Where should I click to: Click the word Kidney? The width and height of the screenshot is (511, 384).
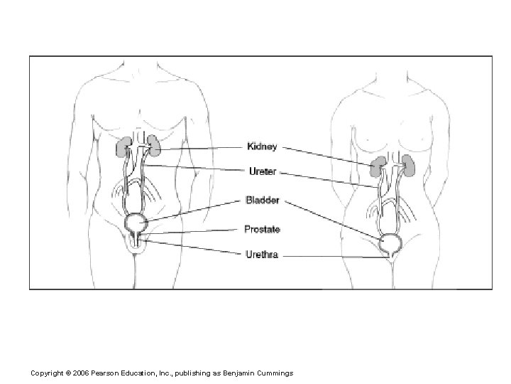[x=261, y=147]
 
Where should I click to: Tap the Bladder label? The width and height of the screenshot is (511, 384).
[x=262, y=200]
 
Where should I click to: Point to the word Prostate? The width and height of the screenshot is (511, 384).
[x=262, y=229]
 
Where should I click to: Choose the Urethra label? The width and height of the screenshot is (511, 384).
[x=261, y=254]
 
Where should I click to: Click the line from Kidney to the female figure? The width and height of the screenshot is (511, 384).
[x=326, y=157]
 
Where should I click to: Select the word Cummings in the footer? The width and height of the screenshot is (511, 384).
[x=273, y=373]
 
